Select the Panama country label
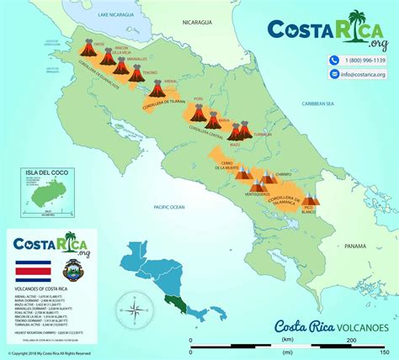pos(354,245)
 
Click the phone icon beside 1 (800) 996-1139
pos(334,61)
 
